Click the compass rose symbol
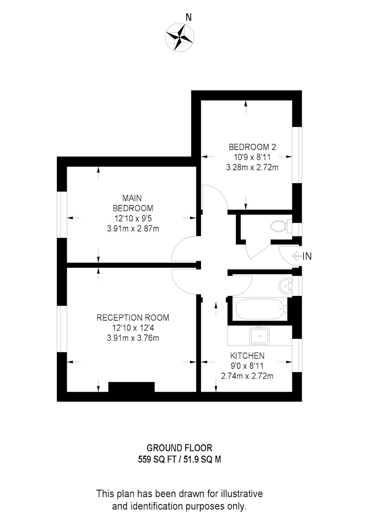[x=180, y=37]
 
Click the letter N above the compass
[x=188, y=17]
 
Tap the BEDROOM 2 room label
[x=252, y=147]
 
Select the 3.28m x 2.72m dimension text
[x=252, y=168]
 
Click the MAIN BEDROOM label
[x=133, y=203]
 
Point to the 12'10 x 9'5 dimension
[x=133, y=219]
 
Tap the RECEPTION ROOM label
[x=133, y=317]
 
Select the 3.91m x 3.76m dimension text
[x=133, y=338]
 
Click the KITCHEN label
[x=247, y=355]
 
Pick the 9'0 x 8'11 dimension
[x=247, y=366]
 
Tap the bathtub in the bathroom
[x=261, y=309]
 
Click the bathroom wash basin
[x=286, y=286]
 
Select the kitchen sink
[x=259, y=336]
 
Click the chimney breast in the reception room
[x=132, y=387]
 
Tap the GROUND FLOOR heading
[x=180, y=448]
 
